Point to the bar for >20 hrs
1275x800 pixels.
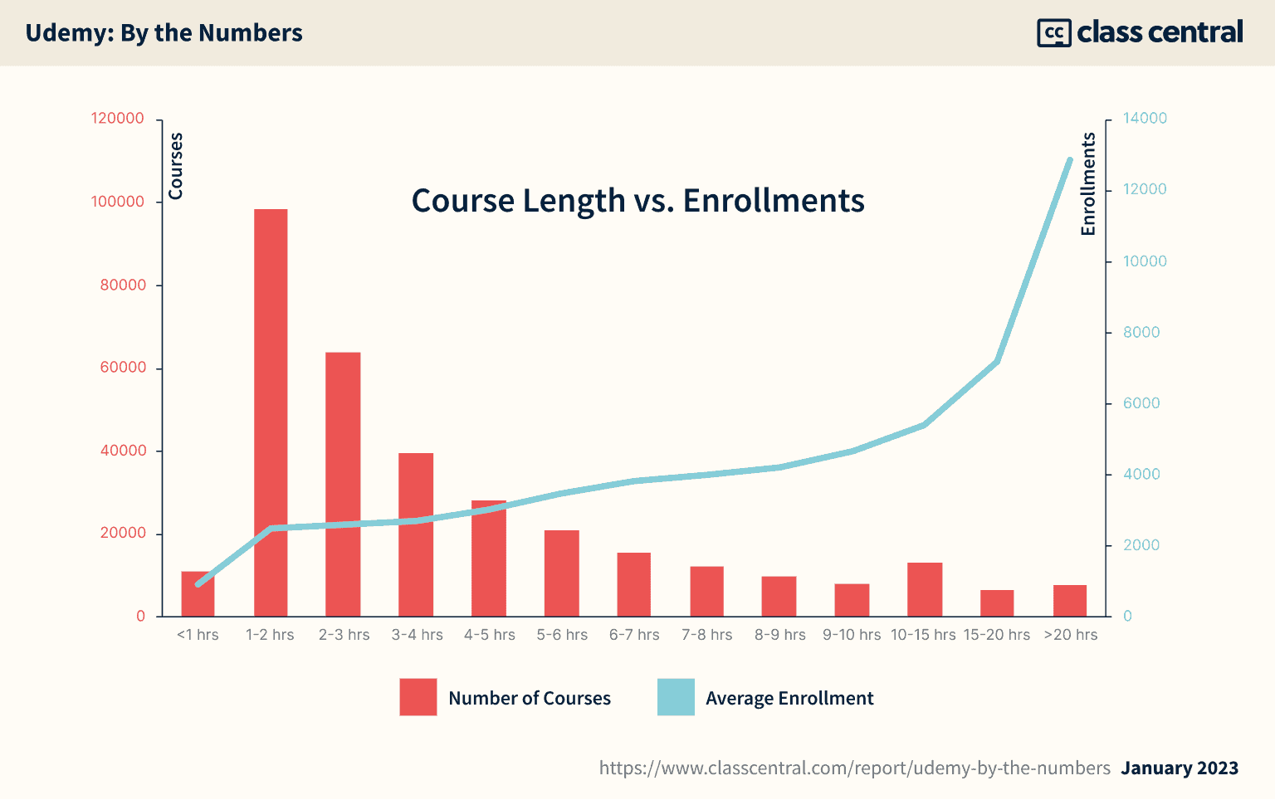(1070, 601)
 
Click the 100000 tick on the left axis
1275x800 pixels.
(117, 202)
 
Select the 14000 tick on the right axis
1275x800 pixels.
(1145, 118)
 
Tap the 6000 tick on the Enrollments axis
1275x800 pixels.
(1141, 403)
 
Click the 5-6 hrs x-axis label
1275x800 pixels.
(562, 635)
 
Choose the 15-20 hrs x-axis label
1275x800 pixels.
(996, 635)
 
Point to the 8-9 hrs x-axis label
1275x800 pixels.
(779, 635)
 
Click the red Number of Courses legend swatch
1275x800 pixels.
(418, 697)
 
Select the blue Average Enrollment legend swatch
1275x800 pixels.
(676, 697)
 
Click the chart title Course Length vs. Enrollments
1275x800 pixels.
(637, 201)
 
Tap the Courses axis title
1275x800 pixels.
(175, 166)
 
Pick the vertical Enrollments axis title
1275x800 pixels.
(1087, 183)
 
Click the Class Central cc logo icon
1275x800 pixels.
(1054, 32)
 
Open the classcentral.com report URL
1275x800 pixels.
(854, 768)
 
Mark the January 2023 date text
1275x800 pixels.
(1180, 768)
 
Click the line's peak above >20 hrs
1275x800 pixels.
(1070, 159)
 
